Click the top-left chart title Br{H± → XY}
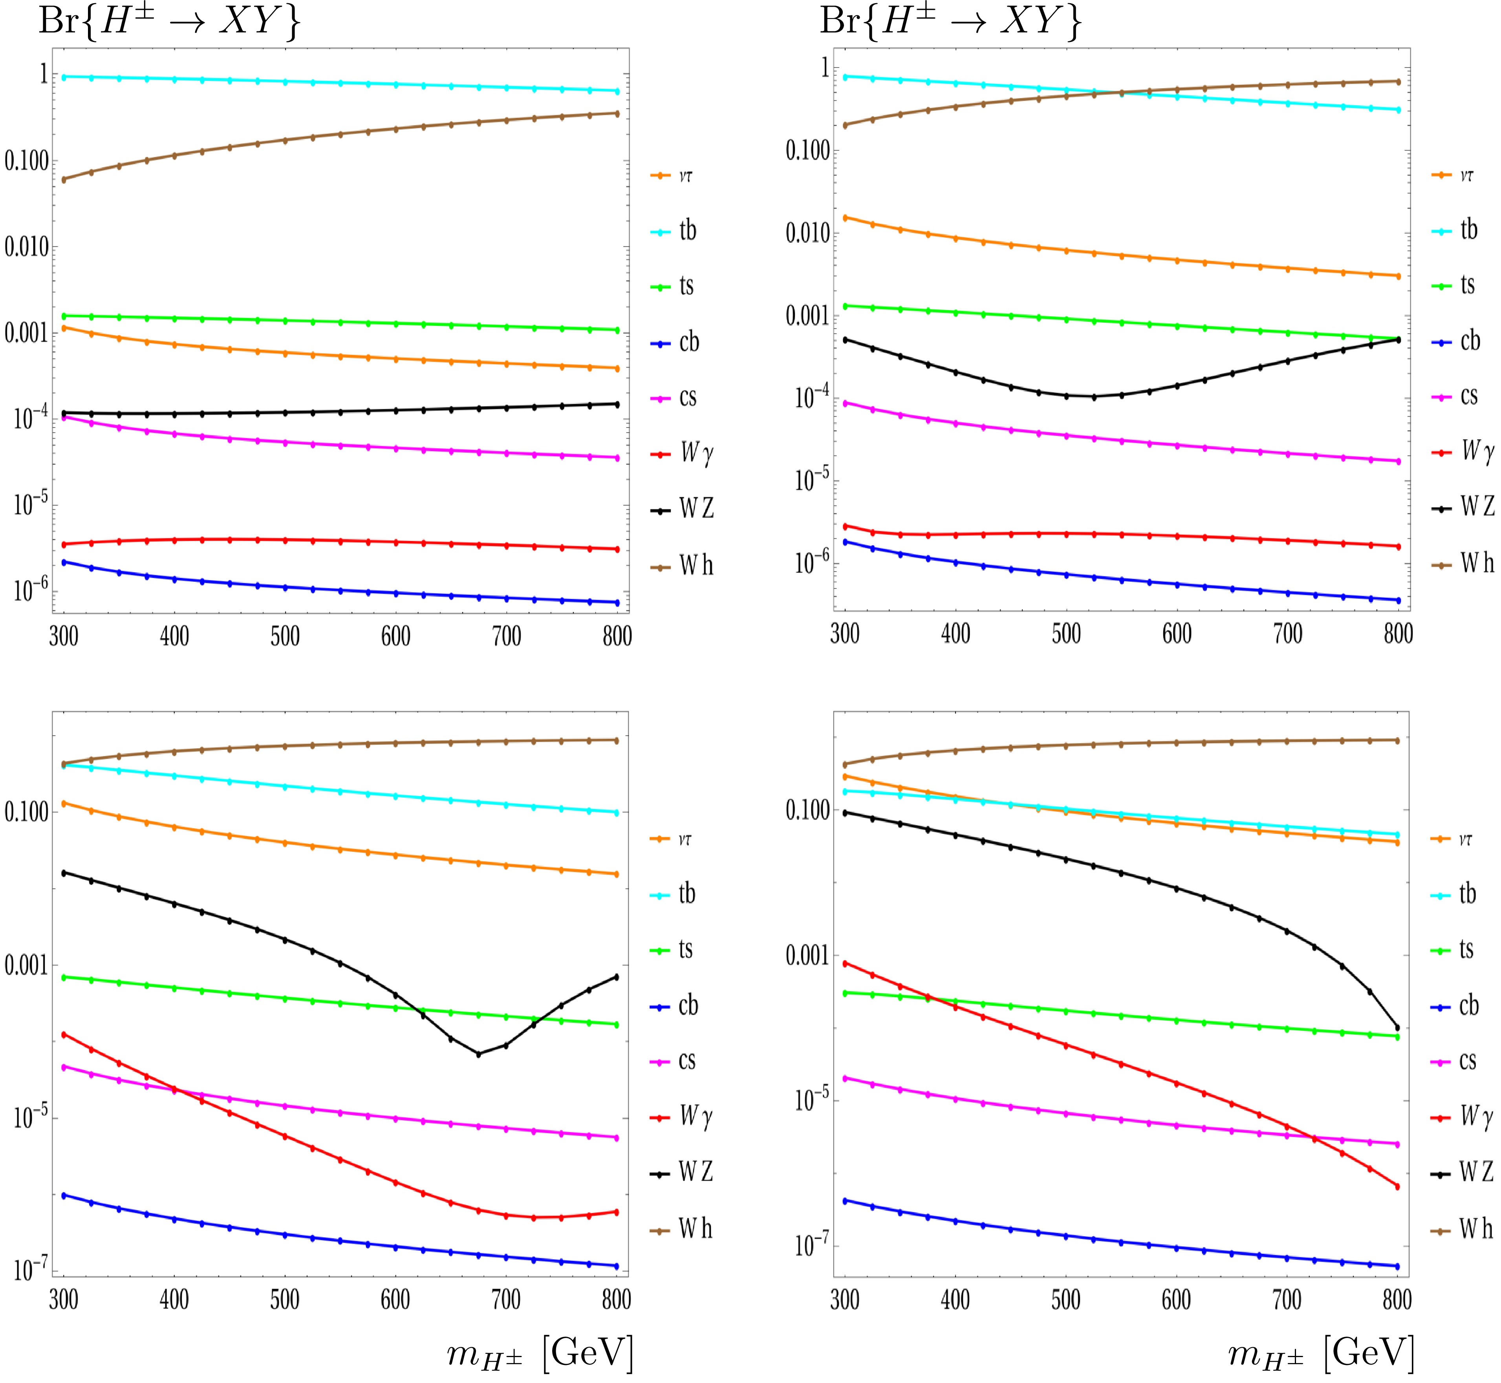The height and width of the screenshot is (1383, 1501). [169, 22]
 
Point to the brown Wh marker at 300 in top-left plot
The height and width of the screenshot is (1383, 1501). [64, 179]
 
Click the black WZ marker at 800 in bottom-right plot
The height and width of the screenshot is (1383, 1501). [1397, 1027]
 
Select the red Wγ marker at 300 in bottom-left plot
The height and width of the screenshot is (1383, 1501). [64, 1034]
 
